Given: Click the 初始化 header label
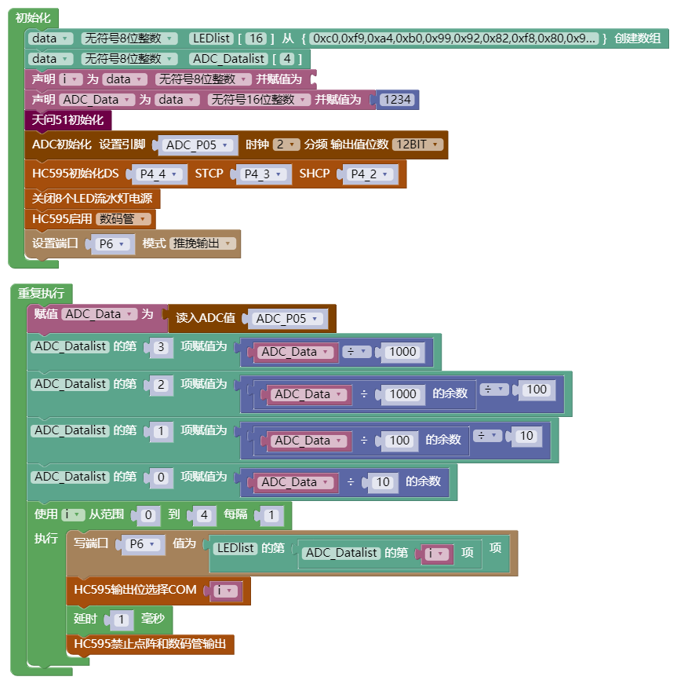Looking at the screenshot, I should [33, 17].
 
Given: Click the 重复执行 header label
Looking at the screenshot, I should [41, 293].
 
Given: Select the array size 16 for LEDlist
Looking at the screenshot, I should [257, 38].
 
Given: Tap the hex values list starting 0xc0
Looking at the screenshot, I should [455, 38].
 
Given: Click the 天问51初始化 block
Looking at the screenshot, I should [68, 120].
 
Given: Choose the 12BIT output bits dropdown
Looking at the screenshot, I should [417, 144].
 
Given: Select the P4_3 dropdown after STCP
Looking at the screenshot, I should [262, 174].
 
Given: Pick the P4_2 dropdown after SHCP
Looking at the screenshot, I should [369, 174].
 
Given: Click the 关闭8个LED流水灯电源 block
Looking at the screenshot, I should [92, 199].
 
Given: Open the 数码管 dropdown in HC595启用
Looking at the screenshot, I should [123, 220].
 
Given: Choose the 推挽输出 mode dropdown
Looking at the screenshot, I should [203, 244].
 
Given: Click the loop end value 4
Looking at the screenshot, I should [204, 516].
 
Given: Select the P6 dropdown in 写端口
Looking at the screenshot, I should [141, 544].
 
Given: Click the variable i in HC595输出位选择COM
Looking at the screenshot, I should [225, 591].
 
